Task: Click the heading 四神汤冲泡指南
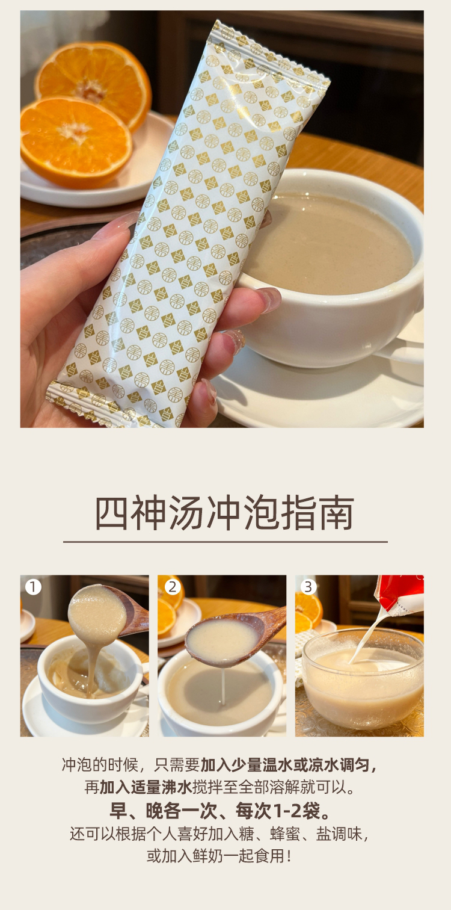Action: click(x=224, y=512)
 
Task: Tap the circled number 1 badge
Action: click(x=33, y=587)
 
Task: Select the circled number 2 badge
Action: click(x=173, y=587)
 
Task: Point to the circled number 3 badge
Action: click(x=308, y=587)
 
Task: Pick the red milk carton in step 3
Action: click(x=400, y=595)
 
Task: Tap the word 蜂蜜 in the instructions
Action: click(x=285, y=834)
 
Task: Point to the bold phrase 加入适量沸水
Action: click(x=146, y=788)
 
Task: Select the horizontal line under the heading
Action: click(x=226, y=542)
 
